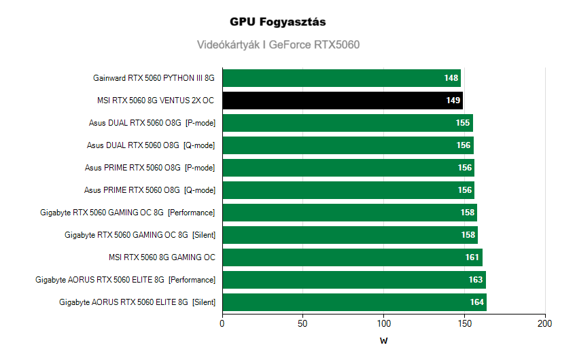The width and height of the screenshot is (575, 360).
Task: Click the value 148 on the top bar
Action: point(451,78)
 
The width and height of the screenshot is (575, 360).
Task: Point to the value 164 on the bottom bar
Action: point(476,302)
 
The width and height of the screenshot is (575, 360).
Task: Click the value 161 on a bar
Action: point(472,257)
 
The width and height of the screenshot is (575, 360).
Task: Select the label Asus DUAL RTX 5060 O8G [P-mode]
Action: point(152,123)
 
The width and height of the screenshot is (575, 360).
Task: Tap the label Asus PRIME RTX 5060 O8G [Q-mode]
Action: point(150,190)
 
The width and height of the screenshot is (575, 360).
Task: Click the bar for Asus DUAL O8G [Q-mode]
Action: point(347,145)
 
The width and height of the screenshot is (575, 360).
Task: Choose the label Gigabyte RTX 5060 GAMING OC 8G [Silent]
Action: point(139,235)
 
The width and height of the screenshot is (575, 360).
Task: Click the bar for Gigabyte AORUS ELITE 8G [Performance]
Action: point(353,280)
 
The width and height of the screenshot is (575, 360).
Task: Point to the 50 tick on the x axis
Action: point(303,324)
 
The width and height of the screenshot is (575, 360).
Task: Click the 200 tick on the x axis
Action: point(545,324)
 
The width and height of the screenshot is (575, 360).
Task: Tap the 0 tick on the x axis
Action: point(222,324)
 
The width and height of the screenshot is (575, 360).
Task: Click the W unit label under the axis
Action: point(384,341)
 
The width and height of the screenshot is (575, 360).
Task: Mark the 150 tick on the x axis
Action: point(464,324)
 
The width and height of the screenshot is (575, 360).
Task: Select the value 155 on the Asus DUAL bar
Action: point(463,123)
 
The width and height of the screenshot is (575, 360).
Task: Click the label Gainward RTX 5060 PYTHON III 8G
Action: point(154,78)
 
